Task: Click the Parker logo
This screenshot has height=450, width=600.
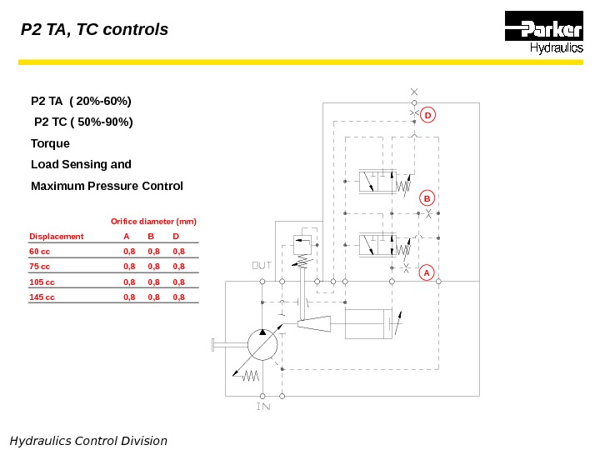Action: point(543,34)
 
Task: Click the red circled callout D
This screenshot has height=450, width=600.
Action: point(427,114)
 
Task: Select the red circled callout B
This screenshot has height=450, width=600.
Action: point(427,198)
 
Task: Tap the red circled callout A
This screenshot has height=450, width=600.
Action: point(427,272)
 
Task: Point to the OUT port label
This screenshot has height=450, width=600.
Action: point(262,265)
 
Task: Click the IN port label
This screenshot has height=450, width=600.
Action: point(262,407)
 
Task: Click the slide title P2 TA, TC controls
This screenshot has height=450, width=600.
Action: point(94,30)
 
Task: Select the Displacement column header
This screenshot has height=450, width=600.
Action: point(57,237)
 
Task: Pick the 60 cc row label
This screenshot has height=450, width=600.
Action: point(40,250)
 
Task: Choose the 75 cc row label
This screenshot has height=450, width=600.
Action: point(40,266)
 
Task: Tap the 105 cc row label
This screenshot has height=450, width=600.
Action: point(42,282)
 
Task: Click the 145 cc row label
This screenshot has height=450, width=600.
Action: point(42,297)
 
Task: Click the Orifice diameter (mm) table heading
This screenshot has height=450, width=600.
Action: point(153,222)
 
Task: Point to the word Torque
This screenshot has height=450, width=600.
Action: point(50,143)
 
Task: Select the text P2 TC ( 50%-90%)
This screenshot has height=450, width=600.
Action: point(82,122)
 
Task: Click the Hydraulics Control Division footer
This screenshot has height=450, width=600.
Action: point(88,440)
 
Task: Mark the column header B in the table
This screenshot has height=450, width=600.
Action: point(151,237)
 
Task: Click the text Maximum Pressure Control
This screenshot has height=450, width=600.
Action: point(107,185)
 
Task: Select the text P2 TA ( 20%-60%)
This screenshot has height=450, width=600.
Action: point(81,102)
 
